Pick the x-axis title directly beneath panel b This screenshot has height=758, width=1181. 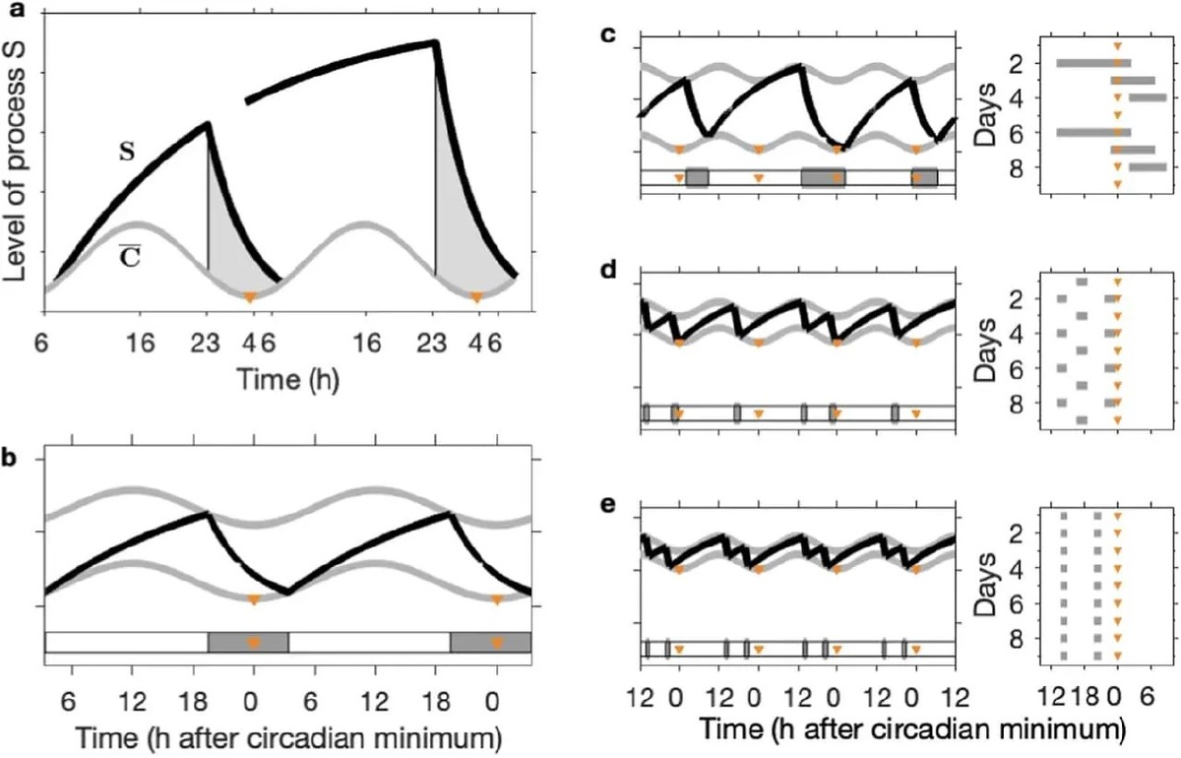286,733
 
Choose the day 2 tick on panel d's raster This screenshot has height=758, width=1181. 1020,297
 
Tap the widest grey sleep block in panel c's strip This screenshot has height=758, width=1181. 823,177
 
